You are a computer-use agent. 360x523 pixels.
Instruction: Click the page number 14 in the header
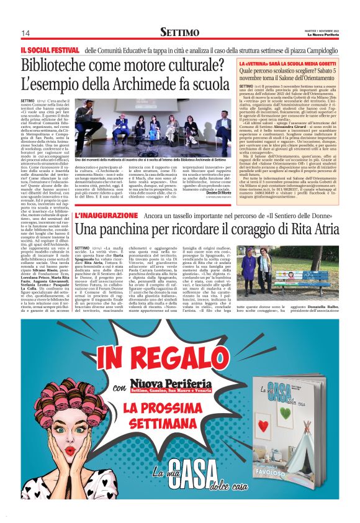pos(25,33)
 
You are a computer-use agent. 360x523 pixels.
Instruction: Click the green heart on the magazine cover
pos(283,404)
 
